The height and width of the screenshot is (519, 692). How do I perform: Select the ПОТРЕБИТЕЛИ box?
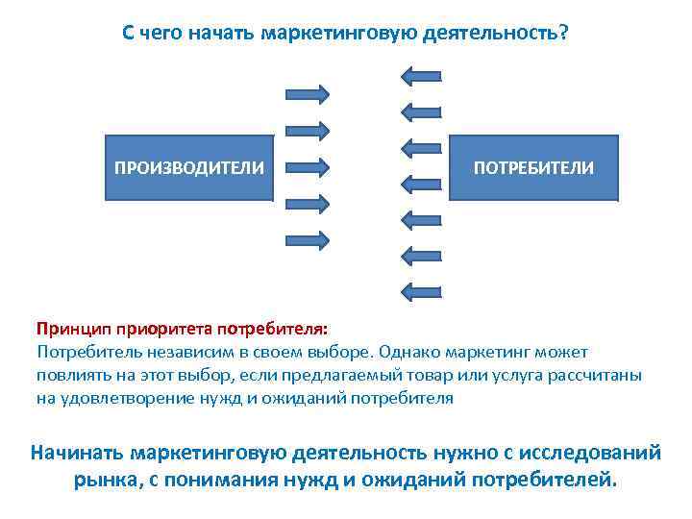pos(533,167)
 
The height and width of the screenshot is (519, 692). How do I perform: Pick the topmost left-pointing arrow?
pos(420,74)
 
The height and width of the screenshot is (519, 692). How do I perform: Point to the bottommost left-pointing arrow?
pos(420,288)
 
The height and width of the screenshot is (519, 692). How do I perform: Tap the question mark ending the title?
pos(563,34)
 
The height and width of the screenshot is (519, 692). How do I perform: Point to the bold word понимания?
pos(220,478)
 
